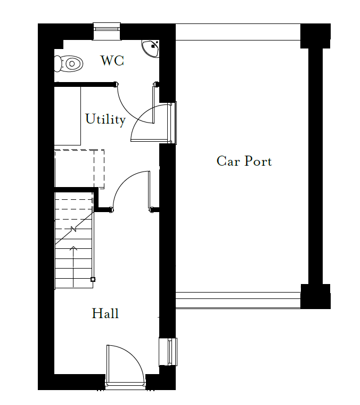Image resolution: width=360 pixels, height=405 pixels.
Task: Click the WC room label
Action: click(112, 61)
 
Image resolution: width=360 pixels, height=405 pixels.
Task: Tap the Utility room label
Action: click(105, 119)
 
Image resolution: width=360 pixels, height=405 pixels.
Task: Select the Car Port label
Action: click(244, 161)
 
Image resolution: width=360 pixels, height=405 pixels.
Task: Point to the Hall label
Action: click(105, 313)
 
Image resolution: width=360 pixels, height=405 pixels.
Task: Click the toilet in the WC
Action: click(69, 63)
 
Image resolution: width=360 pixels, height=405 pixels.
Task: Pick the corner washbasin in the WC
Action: click(150, 48)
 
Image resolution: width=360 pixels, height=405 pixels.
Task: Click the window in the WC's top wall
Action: click(107, 31)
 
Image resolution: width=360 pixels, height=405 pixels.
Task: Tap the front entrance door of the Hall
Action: click(126, 364)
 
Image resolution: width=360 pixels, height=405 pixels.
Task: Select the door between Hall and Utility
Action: click(131, 191)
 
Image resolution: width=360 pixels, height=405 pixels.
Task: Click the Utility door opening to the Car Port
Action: click(150, 123)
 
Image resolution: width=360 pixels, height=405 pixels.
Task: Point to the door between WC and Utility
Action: click(135, 103)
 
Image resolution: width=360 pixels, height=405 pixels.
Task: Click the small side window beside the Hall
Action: click(168, 352)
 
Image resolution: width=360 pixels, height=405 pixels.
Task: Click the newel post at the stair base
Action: click(93, 279)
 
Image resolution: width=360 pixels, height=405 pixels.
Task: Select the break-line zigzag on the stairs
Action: click(73, 229)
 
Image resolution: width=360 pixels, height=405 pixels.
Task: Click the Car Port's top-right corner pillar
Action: click(315, 36)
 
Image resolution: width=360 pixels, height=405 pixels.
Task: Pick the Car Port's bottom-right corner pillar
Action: click(315, 296)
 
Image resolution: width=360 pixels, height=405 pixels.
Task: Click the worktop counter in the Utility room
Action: click(68, 116)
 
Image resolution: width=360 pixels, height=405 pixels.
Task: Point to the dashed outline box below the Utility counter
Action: click(79, 169)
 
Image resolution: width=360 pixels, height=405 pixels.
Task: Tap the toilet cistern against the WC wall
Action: click(58, 63)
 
